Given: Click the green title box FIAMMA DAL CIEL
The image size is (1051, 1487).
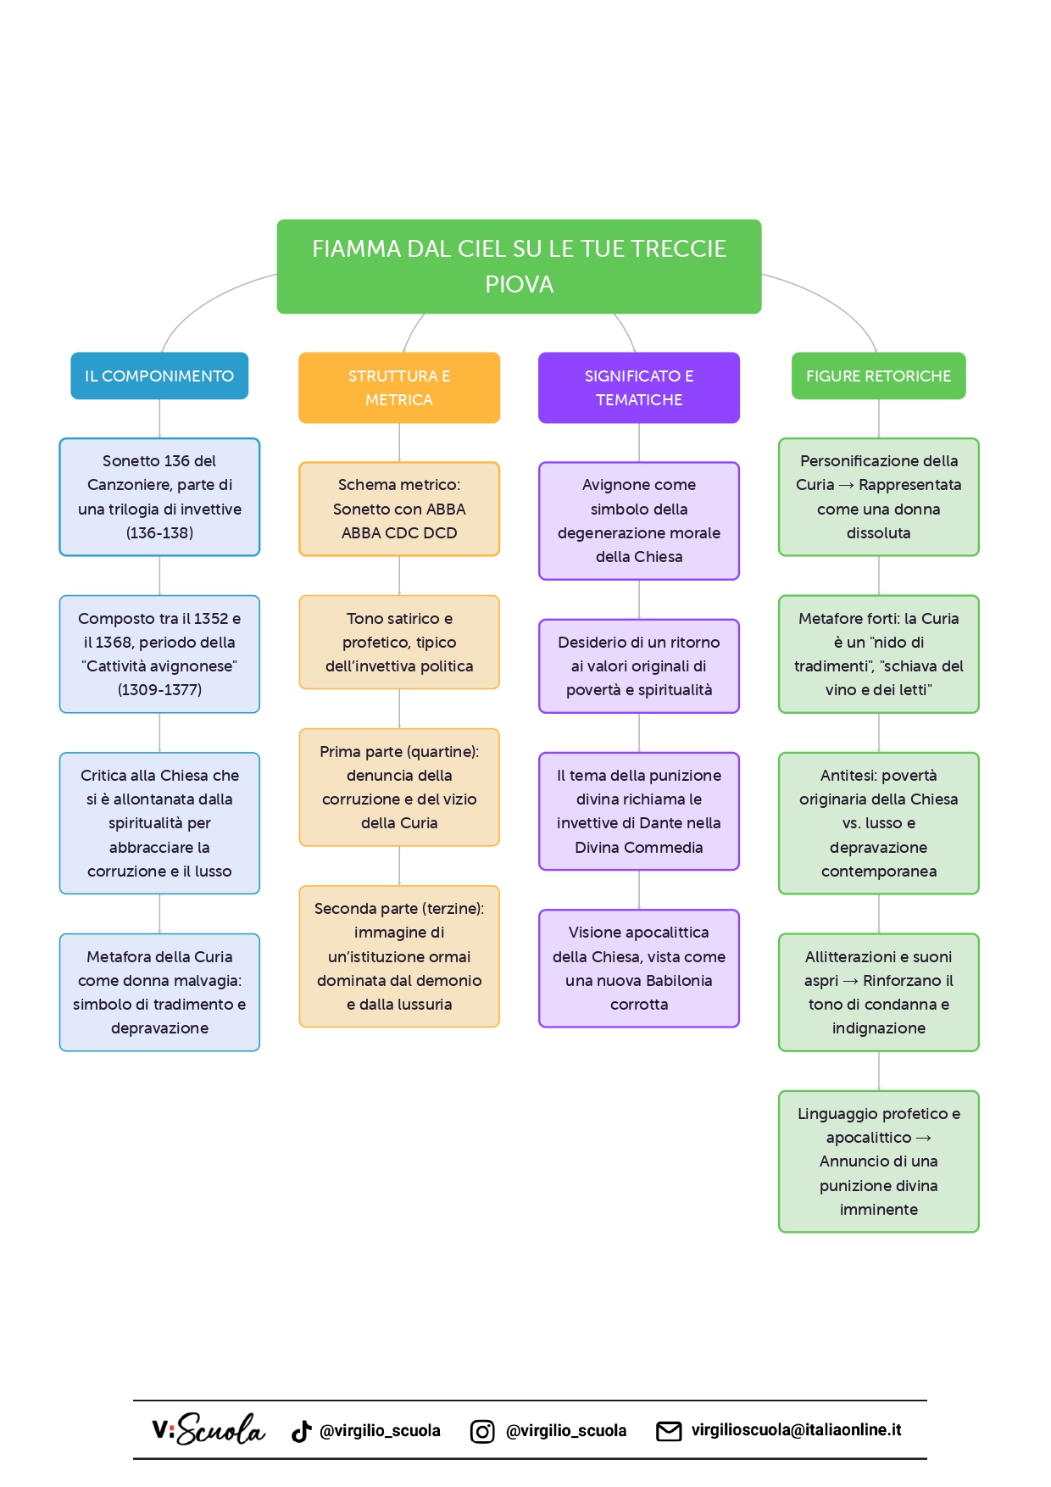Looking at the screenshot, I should pos(519,266).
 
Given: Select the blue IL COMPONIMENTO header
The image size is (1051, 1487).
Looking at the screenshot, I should pos(159,376).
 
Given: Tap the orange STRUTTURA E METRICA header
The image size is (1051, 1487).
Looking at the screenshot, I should pos(399,387).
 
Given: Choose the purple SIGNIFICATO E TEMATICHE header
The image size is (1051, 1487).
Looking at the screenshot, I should pos(639,387).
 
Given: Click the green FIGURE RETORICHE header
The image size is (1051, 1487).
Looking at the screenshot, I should pos(878,376).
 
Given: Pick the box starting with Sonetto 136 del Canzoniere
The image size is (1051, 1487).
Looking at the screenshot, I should pos(159,497).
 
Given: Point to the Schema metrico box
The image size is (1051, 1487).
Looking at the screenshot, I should pos(399,509).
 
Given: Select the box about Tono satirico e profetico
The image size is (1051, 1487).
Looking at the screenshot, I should pos(399,642).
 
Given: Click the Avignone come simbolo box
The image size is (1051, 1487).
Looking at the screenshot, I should pos(639,521).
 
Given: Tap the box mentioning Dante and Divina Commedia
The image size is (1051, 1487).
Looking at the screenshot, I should pos(639,810).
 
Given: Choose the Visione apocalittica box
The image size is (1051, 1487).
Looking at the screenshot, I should pos(639,968).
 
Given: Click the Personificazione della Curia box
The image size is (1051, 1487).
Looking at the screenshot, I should pos(878,497).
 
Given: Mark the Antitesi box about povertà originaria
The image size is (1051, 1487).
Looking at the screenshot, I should pos(878,823).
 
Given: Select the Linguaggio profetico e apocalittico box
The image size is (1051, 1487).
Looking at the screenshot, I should pos(878,1161).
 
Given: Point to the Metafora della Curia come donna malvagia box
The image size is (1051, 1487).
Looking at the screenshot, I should pos(159,992).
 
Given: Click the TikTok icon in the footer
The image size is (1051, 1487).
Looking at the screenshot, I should pos(301,1431).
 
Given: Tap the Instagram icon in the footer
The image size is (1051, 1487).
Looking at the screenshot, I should pos(482,1431).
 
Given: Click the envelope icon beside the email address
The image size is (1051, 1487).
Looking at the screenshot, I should pos(669,1431).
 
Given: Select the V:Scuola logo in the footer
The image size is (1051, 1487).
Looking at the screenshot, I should pos(209,1429).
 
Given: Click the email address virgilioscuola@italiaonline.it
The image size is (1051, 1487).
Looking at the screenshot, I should pos(796,1430).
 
